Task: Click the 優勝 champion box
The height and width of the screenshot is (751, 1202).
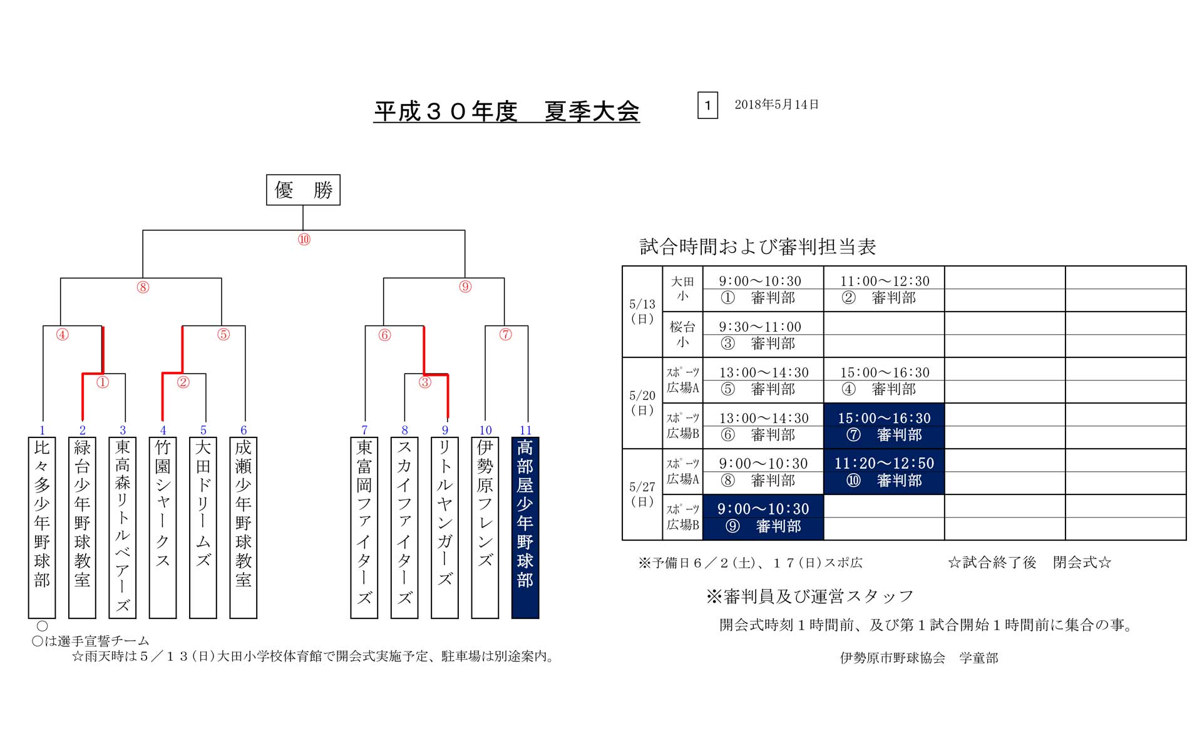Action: tap(303, 190)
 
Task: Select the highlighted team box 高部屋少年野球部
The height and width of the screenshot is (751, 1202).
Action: tap(525, 527)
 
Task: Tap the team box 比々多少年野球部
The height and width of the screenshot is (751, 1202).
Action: tap(42, 527)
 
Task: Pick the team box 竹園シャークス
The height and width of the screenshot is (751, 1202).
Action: tap(163, 527)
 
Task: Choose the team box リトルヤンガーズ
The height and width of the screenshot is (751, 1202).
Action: tap(444, 527)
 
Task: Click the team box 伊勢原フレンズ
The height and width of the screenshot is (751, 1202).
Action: tap(485, 527)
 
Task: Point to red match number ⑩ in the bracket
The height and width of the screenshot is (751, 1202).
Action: tap(304, 240)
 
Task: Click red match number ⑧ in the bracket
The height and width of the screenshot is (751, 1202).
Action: tap(143, 287)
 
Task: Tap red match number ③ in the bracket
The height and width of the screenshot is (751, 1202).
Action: tap(425, 382)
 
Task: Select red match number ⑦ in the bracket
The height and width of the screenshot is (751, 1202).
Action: tap(505, 335)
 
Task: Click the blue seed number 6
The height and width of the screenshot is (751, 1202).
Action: tap(244, 430)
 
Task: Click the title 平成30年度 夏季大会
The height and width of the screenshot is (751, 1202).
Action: tap(506, 111)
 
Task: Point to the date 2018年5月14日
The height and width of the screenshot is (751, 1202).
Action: tap(776, 105)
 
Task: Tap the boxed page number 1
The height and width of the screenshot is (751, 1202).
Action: tap(707, 105)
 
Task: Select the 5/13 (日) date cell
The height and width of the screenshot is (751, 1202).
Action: tap(642, 312)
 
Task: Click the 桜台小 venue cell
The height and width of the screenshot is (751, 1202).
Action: tap(682, 334)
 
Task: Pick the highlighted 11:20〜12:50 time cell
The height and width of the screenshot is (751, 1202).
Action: tap(884, 463)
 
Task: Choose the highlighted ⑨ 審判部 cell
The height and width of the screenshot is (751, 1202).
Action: tap(763, 526)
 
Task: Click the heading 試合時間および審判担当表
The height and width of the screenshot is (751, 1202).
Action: tap(758, 247)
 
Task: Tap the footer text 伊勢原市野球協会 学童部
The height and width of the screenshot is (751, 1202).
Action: tap(919, 658)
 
